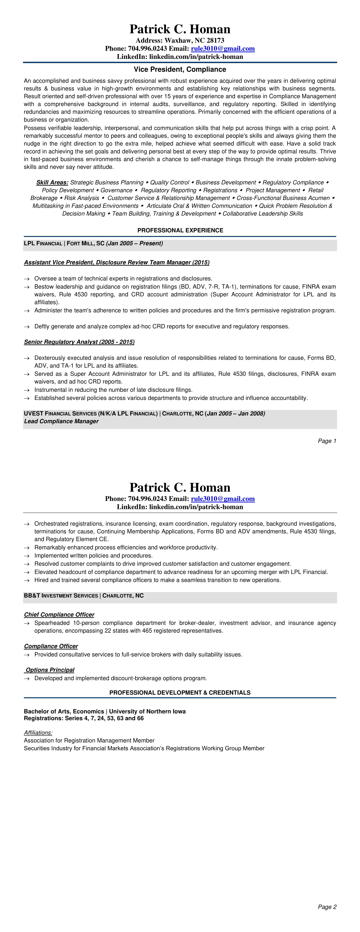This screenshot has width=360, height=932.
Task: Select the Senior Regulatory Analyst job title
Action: click(79, 342)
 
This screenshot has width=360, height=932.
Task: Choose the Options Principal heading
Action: click(50, 670)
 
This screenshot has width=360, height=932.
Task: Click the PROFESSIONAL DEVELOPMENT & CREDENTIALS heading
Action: click(180, 692)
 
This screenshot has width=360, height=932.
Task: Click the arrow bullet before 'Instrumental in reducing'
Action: click(26, 390)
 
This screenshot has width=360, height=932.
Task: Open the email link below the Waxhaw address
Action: click(223, 49)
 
